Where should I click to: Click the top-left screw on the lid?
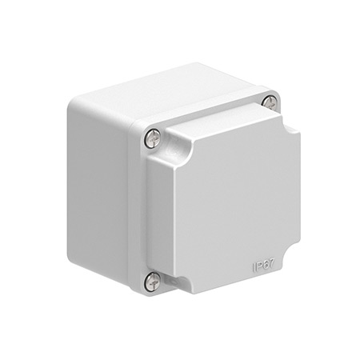(x=153, y=138)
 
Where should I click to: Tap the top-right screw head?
(x=270, y=102)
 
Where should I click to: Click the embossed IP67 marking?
(x=263, y=266)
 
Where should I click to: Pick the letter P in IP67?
(x=258, y=267)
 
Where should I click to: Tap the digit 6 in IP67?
(x=265, y=266)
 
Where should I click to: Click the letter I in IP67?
(x=254, y=268)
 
